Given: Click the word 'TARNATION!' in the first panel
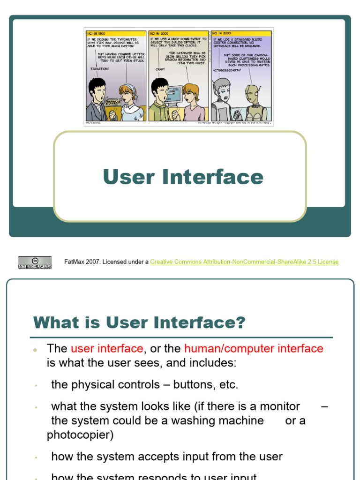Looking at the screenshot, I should point(99,68).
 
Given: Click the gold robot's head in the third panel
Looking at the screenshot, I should point(252,94).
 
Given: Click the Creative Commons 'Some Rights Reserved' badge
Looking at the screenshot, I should point(35,262).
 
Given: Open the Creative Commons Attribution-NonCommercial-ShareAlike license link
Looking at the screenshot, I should point(244,262).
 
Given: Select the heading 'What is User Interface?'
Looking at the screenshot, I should point(139,322).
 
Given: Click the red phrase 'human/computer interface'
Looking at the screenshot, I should point(254,348).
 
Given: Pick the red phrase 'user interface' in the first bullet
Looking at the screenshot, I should point(107,348).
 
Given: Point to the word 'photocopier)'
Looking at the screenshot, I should point(80,435).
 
